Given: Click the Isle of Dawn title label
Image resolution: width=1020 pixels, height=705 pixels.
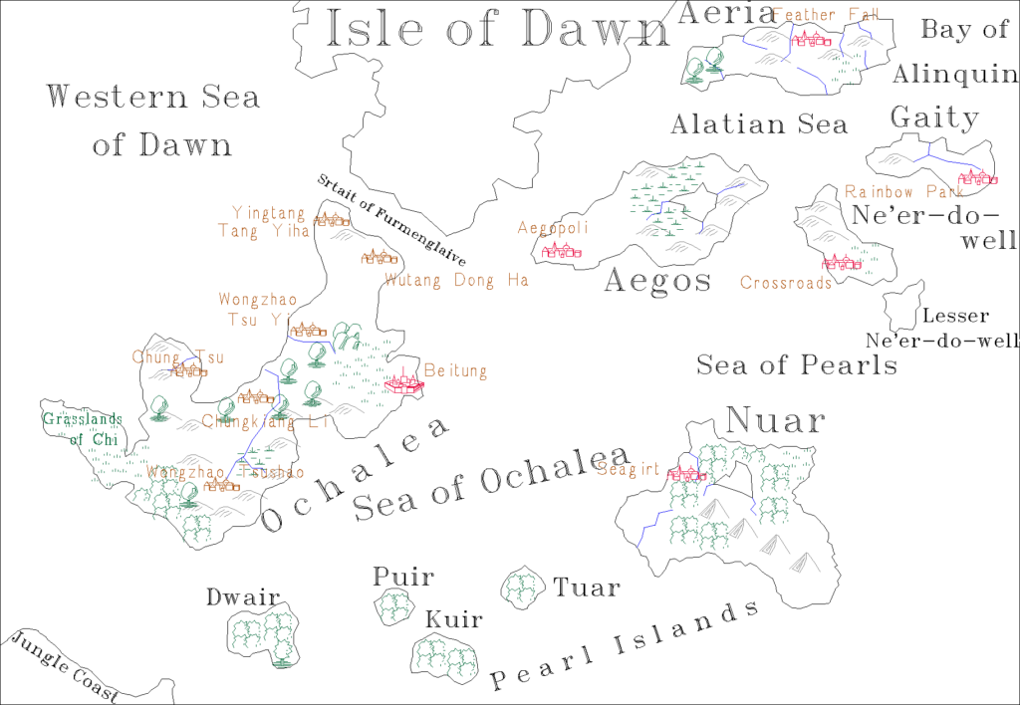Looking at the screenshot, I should (499, 29).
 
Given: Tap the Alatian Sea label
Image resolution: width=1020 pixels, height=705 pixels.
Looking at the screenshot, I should (759, 124).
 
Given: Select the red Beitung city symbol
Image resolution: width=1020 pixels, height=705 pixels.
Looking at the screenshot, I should (404, 382).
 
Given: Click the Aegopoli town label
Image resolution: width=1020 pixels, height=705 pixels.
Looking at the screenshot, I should (553, 228).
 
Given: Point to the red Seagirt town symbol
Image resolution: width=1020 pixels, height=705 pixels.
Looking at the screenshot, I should (687, 473).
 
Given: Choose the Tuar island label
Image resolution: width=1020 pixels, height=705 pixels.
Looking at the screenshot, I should (586, 587).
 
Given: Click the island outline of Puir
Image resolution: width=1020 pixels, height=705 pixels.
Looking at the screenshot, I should (394, 606).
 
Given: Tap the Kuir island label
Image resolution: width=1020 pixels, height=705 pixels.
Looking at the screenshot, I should (453, 620).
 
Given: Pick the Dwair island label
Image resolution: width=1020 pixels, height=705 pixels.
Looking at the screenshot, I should (242, 597).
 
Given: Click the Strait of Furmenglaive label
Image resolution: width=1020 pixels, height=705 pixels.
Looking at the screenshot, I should (390, 220).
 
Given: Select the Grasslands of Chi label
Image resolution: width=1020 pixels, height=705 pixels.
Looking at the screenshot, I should (81, 429).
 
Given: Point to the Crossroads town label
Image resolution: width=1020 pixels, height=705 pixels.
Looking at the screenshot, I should (785, 284).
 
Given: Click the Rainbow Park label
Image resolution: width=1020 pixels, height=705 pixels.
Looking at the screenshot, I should (896, 191).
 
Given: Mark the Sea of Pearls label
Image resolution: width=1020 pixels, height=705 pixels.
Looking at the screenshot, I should (796, 364).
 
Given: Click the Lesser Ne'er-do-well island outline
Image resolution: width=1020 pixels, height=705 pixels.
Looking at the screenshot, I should (902, 303).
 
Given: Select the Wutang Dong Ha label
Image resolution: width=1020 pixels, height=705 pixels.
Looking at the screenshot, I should (456, 281).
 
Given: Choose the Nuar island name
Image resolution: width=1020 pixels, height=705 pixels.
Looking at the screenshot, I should (776, 420).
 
